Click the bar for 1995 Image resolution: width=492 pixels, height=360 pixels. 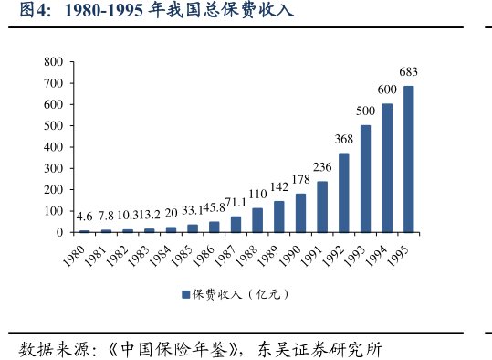point(408,159)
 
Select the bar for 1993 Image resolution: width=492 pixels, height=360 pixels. point(365,178)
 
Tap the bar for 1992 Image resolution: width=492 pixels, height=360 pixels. point(343,192)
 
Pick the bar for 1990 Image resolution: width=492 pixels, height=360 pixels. point(300,213)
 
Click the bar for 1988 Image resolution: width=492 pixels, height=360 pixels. point(257,220)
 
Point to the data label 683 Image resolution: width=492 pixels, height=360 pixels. point(408,72)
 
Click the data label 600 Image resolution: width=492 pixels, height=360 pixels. point(387,90)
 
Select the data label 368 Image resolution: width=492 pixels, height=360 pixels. point(343,139)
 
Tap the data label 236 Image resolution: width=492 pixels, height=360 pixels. point(322,167)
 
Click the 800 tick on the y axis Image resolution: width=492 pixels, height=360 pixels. point(53,62)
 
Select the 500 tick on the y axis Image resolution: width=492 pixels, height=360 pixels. point(53,126)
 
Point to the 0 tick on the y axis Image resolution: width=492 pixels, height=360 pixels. point(58,232)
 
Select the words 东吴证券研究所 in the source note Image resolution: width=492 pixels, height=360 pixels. point(322,349)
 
